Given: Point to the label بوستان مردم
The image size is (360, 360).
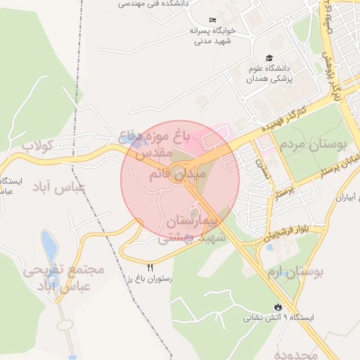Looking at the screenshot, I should tap(314, 147).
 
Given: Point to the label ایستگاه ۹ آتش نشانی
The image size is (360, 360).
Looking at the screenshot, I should tap(278, 318).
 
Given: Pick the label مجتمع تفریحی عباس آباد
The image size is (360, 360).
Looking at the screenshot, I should tap(63, 277).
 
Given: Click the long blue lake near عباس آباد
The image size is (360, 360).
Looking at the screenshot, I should tap(49, 246).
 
